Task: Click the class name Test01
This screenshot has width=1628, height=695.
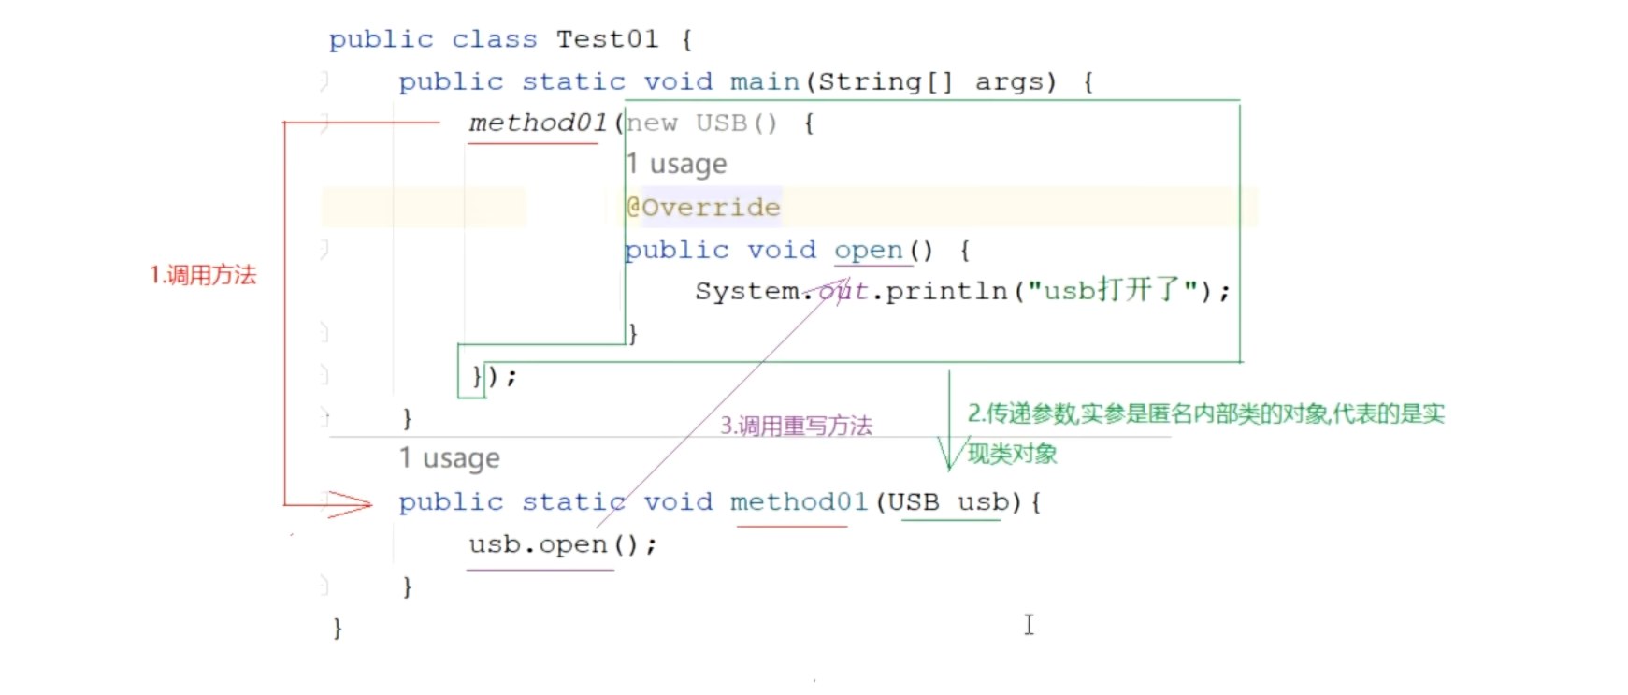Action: [607, 39]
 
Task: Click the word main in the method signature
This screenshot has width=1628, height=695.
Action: [764, 82]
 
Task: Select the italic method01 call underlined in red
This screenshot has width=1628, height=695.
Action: [538, 123]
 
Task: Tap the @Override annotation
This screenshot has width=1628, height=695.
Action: [703, 207]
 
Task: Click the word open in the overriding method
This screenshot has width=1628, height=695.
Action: [868, 251]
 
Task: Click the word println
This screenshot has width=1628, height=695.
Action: [946, 292]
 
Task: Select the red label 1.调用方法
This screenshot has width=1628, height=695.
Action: [203, 275]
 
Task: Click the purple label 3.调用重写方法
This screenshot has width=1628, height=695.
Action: [796, 427]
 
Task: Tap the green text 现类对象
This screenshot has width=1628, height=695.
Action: [1012, 455]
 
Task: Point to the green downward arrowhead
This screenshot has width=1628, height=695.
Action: [950, 455]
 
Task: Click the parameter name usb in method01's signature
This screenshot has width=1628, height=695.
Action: [983, 502]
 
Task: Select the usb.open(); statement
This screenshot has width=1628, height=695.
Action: [562, 544]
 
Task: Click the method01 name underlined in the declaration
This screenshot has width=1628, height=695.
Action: [799, 502]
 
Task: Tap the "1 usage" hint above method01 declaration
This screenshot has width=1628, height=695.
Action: [449, 458]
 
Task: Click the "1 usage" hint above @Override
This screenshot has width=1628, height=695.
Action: [676, 165]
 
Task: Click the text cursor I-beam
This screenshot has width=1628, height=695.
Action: [1029, 625]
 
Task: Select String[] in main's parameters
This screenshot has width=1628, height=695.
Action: [885, 82]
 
